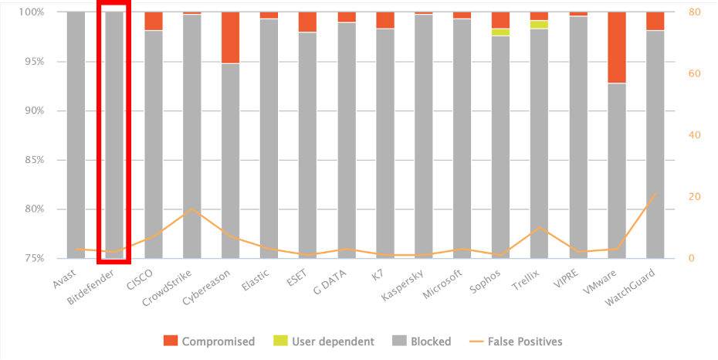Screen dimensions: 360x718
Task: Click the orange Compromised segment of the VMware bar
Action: (617, 47)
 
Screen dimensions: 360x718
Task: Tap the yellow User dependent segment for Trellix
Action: (540, 25)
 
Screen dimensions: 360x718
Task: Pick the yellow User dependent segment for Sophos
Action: (501, 32)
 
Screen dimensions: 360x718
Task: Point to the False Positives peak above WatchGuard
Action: (655, 193)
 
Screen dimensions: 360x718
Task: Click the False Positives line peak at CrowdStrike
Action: (192, 209)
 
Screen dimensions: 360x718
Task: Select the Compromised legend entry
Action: (209, 341)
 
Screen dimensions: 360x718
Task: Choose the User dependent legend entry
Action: (324, 341)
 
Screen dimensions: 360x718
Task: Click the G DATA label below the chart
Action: (330, 283)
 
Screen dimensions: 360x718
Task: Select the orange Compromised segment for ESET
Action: (308, 22)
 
